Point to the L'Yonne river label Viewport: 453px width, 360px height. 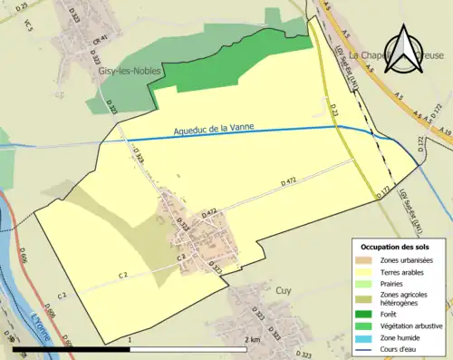41,323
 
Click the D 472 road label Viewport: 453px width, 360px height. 289,182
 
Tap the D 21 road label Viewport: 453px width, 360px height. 333,110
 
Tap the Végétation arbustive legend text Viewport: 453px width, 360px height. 415,325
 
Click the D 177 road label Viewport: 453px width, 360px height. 383,190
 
